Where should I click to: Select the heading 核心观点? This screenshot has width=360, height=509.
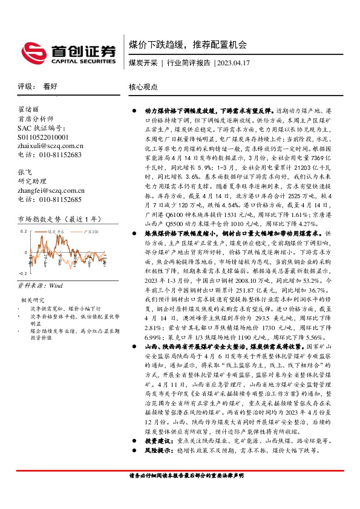[x=143, y=86]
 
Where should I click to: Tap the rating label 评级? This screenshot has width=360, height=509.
[x=25, y=86]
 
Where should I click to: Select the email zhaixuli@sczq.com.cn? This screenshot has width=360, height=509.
[x=51, y=146]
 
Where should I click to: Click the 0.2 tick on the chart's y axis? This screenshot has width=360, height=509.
[x=24, y=231]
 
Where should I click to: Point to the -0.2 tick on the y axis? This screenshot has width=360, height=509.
[x=23, y=273]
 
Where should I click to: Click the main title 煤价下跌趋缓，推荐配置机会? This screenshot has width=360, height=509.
[x=188, y=45]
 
